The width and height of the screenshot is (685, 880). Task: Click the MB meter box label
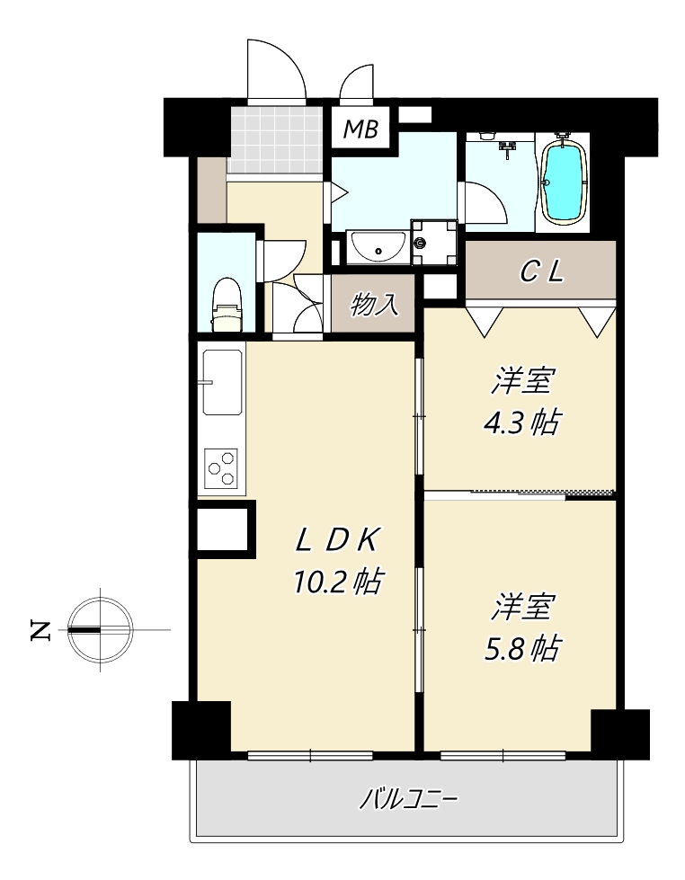pos(360,129)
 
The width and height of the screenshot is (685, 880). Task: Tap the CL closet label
pos(541,272)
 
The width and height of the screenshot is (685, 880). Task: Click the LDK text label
pos(338,541)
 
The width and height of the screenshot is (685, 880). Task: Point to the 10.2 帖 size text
pos(338,582)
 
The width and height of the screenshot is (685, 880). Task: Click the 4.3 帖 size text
pos(521,422)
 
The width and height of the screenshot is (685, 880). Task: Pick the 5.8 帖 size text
pos(521,649)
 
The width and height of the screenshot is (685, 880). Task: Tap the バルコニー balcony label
pos(408,798)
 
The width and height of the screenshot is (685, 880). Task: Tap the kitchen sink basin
pos(223,383)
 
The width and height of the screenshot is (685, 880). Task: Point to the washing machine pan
pos(434,243)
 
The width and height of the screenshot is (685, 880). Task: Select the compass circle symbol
pos(101,630)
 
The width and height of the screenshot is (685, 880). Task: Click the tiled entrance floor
pos(276,139)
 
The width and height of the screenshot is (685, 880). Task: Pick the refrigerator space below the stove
pos(222,529)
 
